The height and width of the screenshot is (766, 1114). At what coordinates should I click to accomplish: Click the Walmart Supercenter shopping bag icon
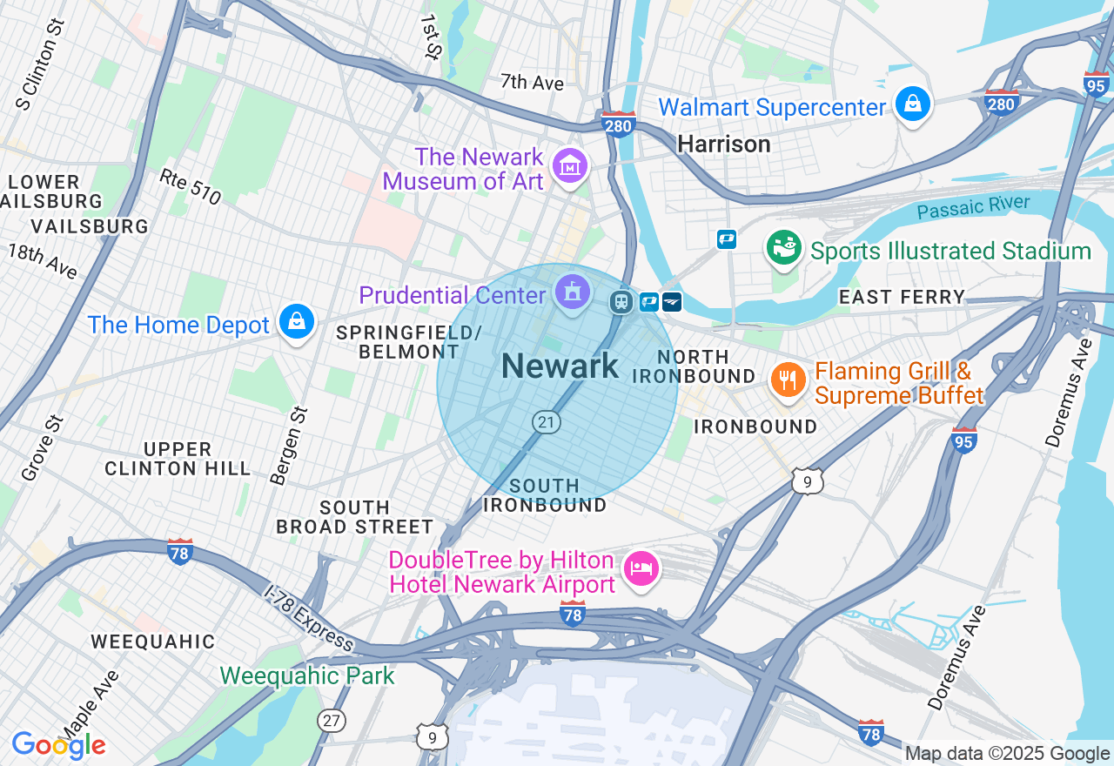911,104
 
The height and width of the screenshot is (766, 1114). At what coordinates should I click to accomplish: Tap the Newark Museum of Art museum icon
569,165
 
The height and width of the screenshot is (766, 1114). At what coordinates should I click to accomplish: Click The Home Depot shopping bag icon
297,322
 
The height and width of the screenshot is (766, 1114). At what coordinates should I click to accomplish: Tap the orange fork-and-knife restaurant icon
788,380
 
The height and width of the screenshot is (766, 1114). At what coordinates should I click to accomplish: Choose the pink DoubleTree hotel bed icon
641,570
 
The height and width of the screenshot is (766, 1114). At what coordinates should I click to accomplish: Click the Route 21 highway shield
546,422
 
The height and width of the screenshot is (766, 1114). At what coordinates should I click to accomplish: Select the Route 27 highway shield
332,721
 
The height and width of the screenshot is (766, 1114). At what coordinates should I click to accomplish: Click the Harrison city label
724,144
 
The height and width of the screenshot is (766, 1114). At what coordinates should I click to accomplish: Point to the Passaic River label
973,208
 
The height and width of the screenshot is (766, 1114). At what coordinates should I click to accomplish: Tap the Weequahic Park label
307,675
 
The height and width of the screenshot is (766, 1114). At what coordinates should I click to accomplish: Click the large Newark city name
560,366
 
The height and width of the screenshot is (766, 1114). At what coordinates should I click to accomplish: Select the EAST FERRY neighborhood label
902,298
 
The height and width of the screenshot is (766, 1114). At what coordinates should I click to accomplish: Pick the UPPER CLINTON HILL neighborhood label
178,459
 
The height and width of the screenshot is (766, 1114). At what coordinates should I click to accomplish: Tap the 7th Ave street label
532,83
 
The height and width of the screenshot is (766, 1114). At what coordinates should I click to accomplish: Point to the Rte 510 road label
191,186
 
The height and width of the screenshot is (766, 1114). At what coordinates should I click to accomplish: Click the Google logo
59,745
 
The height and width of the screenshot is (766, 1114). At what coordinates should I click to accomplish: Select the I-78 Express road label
309,617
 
